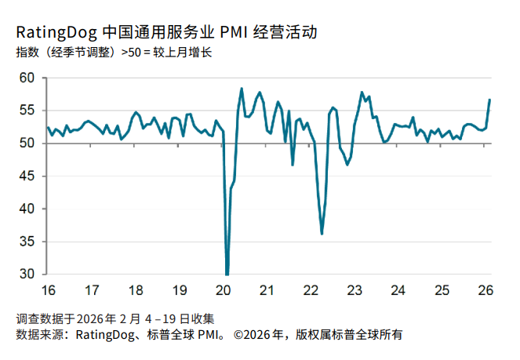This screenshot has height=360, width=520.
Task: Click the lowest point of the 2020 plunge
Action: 227,275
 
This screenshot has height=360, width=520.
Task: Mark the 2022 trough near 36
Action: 322,234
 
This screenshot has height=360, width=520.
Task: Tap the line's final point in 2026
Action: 489,100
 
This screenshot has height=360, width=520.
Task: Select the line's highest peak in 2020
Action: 242,89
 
